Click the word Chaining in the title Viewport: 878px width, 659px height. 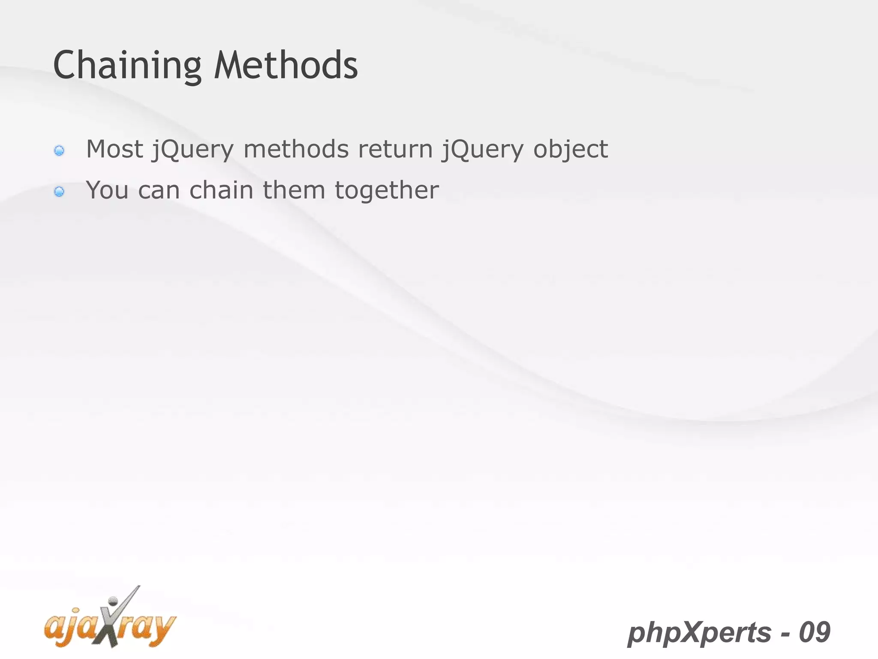click(x=127, y=65)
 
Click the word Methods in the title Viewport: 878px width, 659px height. click(x=286, y=65)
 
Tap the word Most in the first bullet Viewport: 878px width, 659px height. click(x=114, y=149)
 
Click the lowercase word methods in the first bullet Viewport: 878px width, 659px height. click(x=296, y=149)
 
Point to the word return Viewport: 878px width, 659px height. click(x=395, y=149)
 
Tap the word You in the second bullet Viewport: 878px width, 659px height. click(x=107, y=190)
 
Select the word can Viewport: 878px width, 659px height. click(x=159, y=191)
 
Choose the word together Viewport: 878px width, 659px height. click(x=387, y=191)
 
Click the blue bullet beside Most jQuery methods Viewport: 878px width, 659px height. click(x=59, y=151)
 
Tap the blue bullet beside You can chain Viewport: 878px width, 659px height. click(x=59, y=191)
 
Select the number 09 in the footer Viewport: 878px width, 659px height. click(x=815, y=632)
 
